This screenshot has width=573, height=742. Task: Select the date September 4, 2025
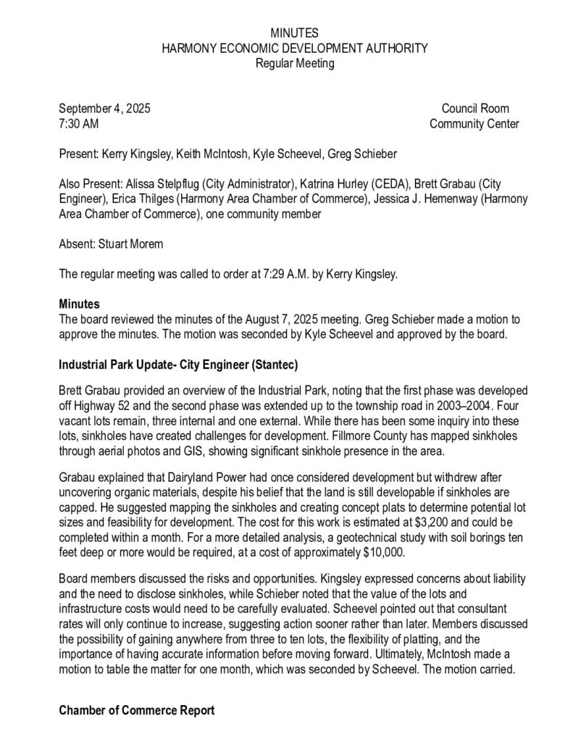click(104, 109)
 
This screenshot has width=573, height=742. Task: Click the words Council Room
click(475, 109)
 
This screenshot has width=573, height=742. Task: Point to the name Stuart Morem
click(130, 244)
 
